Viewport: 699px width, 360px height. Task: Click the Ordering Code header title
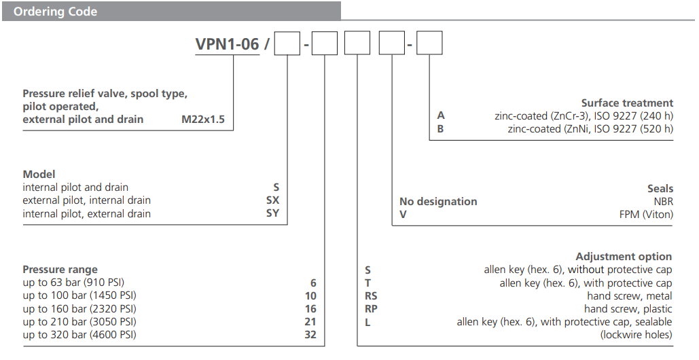click(55, 12)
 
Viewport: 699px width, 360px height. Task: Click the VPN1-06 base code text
click(227, 44)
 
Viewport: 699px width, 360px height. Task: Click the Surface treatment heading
click(626, 103)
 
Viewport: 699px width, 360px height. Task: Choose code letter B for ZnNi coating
click(440, 128)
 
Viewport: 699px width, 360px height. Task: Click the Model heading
click(39, 174)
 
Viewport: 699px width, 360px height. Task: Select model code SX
click(272, 200)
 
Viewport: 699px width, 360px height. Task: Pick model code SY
click(272, 213)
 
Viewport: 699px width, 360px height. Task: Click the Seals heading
click(660, 188)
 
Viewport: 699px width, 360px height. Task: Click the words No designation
click(438, 201)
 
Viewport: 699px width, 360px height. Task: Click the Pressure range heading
click(60, 269)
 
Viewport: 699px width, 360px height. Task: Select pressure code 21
click(310, 321)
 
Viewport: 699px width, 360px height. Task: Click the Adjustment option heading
click(623, 256)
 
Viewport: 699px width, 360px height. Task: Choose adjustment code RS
click(371, 295)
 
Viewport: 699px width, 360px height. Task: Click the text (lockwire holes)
click(636, 335)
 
